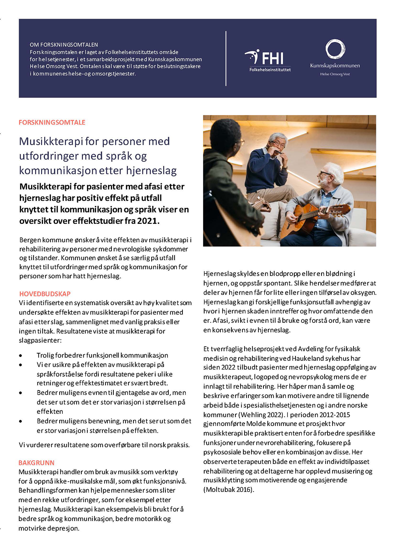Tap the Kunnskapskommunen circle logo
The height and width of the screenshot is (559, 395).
pyautogui.click(x=335, y=49)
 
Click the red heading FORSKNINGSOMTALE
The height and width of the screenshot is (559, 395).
pyautogui.click(x=52, y=122)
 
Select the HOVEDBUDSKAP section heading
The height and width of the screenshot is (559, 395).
pyautogui.click(x=45, y=294)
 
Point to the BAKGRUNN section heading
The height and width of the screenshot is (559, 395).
pyautogui.click(x=36, y=463)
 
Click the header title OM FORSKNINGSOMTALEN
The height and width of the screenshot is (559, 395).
pyautogui.click(x=64, y=45)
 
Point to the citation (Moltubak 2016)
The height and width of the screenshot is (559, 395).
pyautogui.click(x=229, y=490)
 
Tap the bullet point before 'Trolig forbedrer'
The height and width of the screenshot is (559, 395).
pyautogui.click(x=21, y=356)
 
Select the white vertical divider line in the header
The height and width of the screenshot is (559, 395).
pyautogui.click(x=226, y=58)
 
